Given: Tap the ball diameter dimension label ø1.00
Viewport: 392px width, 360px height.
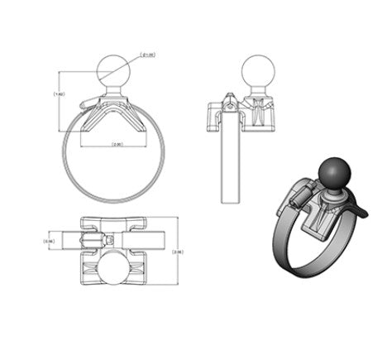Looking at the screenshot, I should click(x=150, y=55).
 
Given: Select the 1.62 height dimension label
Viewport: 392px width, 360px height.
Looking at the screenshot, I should click(x=58, y=94).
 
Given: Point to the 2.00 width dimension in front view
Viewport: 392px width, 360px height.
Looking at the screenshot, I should click(x=117, y=145).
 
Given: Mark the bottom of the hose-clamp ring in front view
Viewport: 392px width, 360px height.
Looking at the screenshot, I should click(x=113, y=199).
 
